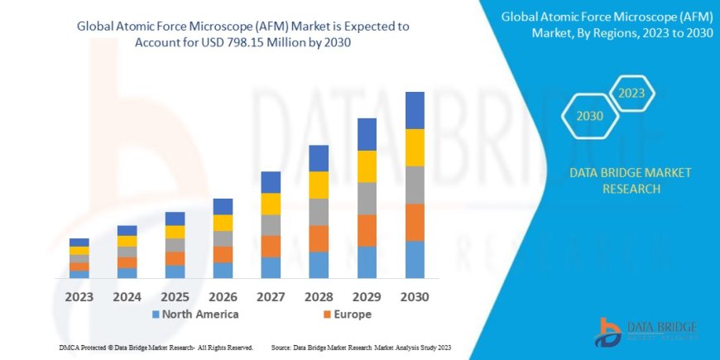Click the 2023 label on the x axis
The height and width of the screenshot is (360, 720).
tap(79, 295)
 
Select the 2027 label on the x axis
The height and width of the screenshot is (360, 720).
tap(271, 295)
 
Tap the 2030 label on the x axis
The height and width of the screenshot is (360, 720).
tap(415, 295)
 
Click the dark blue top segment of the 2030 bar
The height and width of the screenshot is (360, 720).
tap(415, 110)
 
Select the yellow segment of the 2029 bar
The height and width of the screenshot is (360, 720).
tap(367, 166)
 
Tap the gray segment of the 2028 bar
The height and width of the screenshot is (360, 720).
tap(319, 212)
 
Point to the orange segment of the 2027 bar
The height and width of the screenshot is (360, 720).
tap(271, 246)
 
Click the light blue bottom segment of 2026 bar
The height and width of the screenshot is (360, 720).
tap(223, 270)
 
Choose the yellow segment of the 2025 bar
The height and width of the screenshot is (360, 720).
tap(175, 232)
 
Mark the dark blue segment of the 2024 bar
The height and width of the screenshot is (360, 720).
tap(127, 230)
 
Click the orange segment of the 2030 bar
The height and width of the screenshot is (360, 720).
tap(415, 222)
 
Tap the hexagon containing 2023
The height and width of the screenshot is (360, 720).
tap(631, 92)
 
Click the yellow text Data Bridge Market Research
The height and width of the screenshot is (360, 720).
tap(631, 180)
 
